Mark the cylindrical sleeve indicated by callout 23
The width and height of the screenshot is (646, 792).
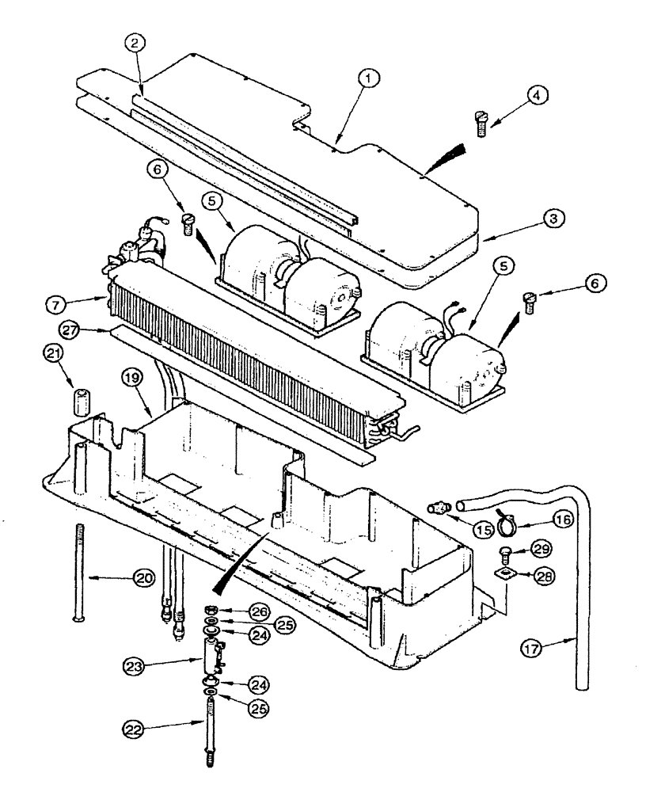pyautogui.click(x=210, y=657)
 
